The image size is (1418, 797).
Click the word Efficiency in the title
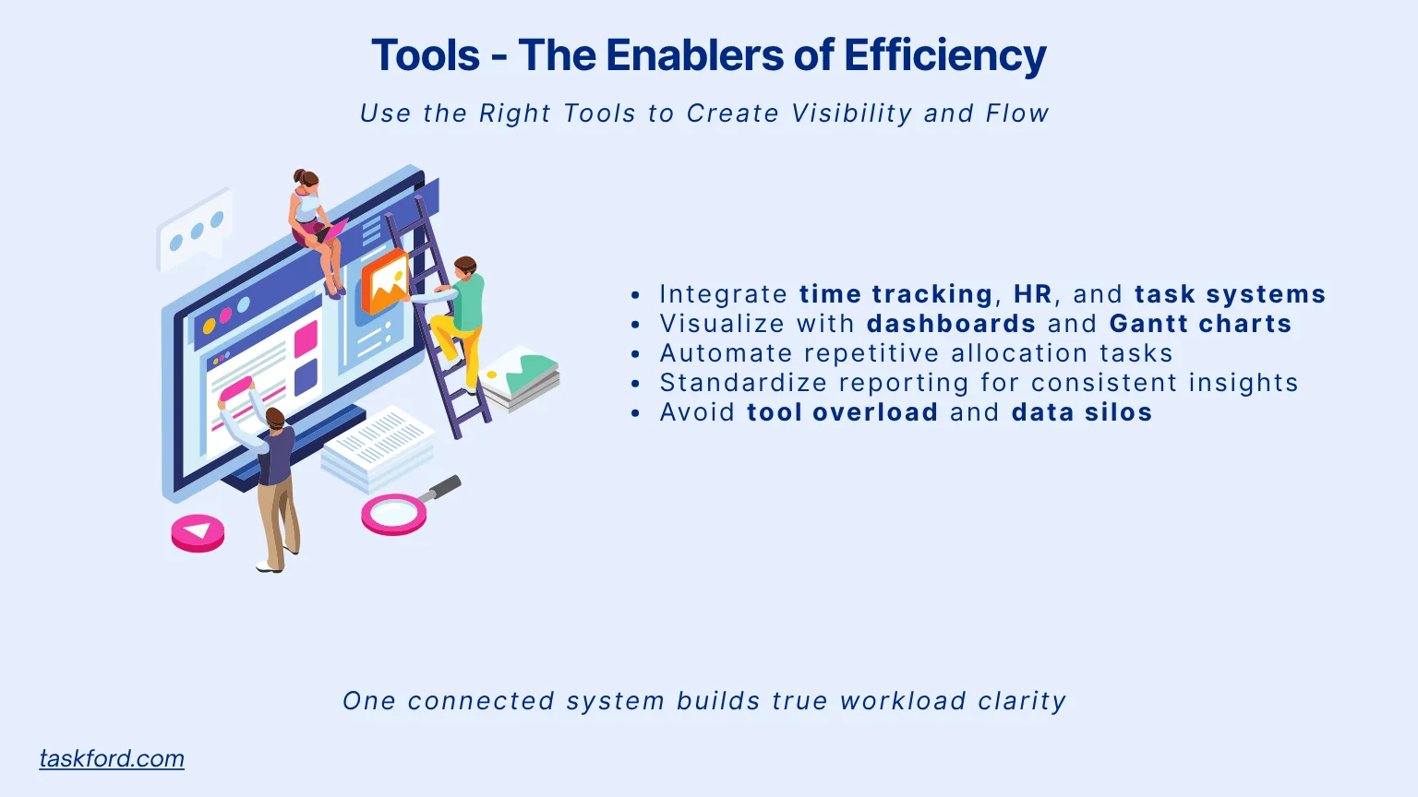pyautogui.click(x=944, y=55)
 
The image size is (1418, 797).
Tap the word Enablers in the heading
pyautogui.click(x=694, y=54)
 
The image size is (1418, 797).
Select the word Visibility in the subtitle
pyautogui.click(x=851, y=113)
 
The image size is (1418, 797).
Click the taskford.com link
pyautogui.click(x=112, y=758)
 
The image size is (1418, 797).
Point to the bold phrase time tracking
pyautogui.click(x=895, y=295)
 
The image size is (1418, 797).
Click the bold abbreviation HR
pyautogui.click(x=1032, y=294)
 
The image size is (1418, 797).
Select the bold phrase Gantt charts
pyautogui.click(x=1200, y=324)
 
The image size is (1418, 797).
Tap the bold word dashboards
pyautogui.click(x=951, y=324)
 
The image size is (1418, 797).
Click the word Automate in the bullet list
pyautogui.click(x=727, y=353)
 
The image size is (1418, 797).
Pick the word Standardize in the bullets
pyautogui.click(x=743, y=383)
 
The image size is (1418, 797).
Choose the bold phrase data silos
pyautogui.click(x=1082, y=412)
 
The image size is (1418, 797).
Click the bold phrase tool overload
pyautogui.click(x=843, y=412)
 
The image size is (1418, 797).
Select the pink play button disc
pyautogui.click(x=198, y=532)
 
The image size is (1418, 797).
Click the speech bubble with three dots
pyautogui.click(x=195, y=229)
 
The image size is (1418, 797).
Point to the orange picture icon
pyautogui.click(x=384, y=281)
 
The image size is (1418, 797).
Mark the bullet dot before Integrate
pyautogui.click(x=636, y=295)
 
